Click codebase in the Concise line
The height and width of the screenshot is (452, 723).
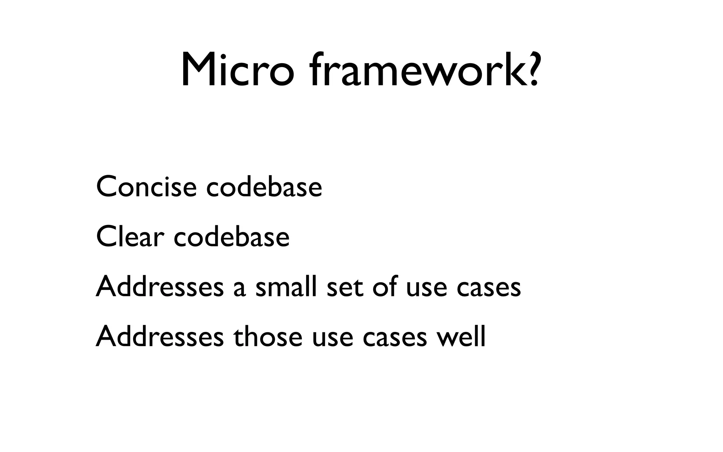[x=264, y=187]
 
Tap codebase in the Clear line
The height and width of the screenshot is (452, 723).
[x=232, y=237]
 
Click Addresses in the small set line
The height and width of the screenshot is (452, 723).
[x=160, y=286]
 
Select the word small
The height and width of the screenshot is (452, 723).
[x=286, y=286]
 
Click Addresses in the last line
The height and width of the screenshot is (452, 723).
[x=160, y=336]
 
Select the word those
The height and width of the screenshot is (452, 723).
[x=268, y=336]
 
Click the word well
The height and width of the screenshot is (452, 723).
[x=461, y=336]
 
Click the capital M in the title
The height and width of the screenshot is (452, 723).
[x=198, y=70]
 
